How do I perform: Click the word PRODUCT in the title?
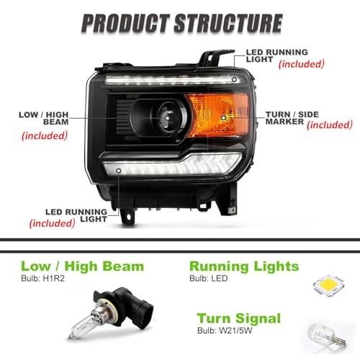pos(125,23)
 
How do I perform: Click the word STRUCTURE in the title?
pos(228,23)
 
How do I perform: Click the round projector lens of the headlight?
pos(168,117)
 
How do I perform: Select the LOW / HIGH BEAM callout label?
pos(44,118)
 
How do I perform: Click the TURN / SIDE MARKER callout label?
pos(292,118)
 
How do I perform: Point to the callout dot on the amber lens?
pos(223,118)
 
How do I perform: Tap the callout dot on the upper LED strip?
pos(234,79)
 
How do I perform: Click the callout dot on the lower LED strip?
pos(119,171)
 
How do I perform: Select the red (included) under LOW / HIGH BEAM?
pos(45,135)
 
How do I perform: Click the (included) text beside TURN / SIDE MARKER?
pos(330,125)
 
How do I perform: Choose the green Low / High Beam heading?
pos(83,266)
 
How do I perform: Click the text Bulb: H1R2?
pos(42,279)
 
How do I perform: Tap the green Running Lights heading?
pos(244,267)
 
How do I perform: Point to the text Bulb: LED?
pos(209,279)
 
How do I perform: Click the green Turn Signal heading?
pos(239,319)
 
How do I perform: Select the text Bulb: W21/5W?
pos(225,330)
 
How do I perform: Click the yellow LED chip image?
pos(329,285)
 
